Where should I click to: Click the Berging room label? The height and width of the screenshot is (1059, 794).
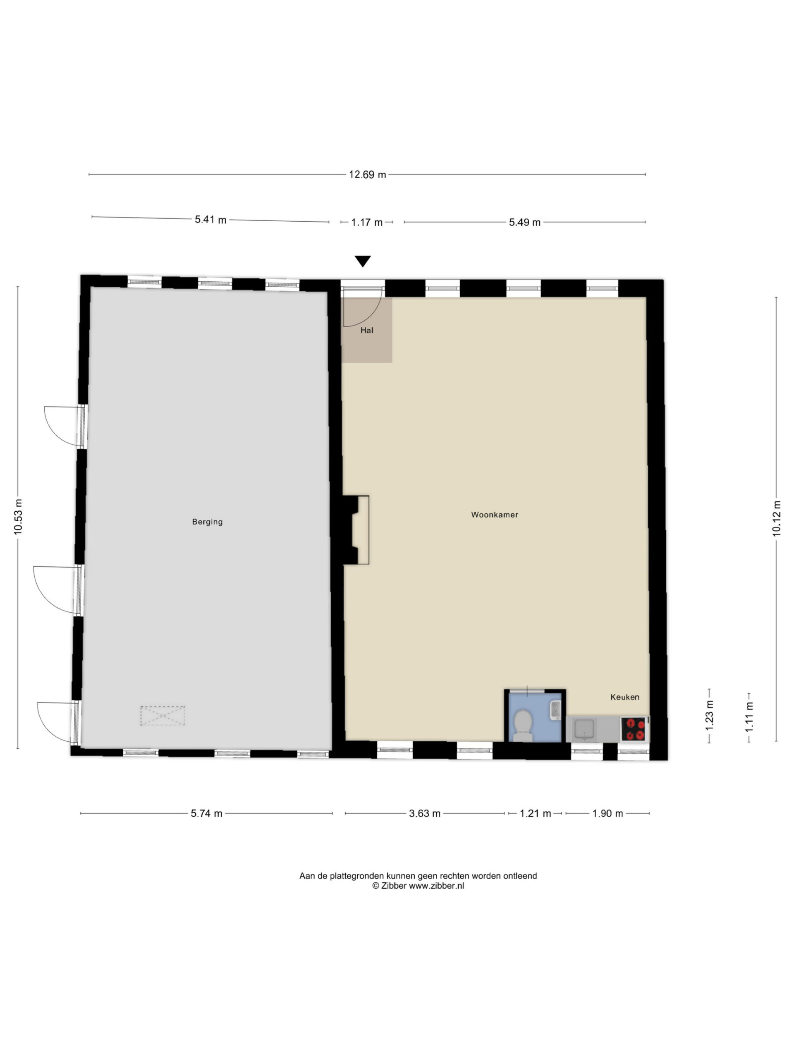tap(207, 521)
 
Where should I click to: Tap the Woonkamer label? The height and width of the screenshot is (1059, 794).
tap(495, 515)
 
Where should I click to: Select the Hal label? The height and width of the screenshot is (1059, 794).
tap(367, 331)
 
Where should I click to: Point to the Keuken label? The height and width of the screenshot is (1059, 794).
tap(624, 697)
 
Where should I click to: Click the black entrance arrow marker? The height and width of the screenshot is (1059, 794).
tap(363, 261)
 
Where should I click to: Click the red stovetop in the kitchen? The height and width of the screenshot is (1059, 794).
tap(635, 729)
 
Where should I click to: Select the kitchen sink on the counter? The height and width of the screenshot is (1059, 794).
tap(584, 730)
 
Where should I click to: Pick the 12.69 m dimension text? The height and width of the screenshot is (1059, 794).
tap(367, 175)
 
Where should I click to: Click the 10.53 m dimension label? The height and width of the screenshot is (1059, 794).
tap(18, 517)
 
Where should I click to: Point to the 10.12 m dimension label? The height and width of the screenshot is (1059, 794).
tap(776, 518)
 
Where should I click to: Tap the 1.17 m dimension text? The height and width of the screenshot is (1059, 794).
tap(367, 222)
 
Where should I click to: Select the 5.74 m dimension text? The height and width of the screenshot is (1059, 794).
tap(206, 813)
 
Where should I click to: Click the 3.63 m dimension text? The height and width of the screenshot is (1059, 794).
tap(425, 813)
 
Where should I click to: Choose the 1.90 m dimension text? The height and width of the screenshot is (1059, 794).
tap(607, 813)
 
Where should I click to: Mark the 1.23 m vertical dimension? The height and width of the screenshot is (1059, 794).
tap(709, 715)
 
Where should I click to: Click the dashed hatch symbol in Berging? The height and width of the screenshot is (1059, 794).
tap(162, 715)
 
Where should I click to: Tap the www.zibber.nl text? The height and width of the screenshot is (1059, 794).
tap(436, 886)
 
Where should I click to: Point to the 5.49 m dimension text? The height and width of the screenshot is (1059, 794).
tap(524, 222)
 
